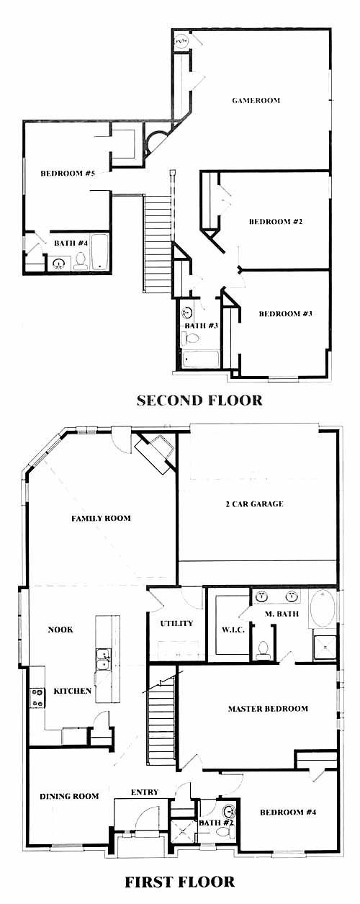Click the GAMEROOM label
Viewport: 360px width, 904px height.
point(256,100)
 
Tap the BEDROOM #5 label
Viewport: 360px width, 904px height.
point(68,174)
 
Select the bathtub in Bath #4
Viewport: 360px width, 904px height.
point(99,253)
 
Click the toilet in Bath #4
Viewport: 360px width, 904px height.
point(81,261)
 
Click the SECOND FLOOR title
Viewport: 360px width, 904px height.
point(199,400)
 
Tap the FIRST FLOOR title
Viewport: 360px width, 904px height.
point(179,882)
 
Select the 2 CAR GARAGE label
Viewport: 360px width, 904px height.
point(255,504)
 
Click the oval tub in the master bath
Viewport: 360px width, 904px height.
point(323,609)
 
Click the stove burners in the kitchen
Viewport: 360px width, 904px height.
point(37,698)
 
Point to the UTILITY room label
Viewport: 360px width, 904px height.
point(177,624)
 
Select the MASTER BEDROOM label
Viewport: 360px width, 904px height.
point(268,708)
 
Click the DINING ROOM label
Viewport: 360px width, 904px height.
point(69,796)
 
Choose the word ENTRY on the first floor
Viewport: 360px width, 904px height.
point(145,792)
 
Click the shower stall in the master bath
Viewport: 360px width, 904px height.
point(324,648)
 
